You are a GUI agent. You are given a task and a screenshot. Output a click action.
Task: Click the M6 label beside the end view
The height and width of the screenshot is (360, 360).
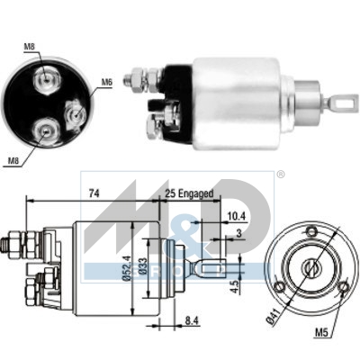[106, 82]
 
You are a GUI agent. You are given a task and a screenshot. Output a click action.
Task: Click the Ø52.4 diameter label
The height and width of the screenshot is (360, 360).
[127, 268]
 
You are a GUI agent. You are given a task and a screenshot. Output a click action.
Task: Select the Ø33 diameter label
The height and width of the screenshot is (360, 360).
[143, 268]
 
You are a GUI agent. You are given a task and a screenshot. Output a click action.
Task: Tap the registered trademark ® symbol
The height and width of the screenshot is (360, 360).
[279, 174]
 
